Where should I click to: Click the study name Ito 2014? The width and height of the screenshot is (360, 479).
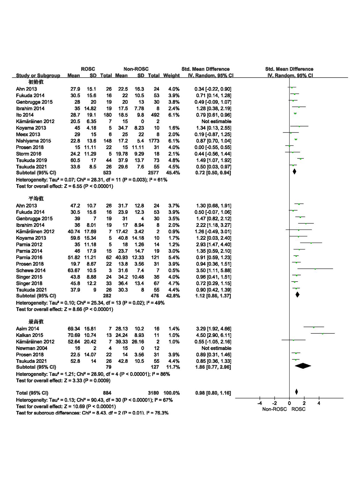click(x=25, y=115)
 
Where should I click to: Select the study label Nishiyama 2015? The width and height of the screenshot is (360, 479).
click(x=34, y=141)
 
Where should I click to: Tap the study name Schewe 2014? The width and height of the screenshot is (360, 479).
click(x=31, y=270)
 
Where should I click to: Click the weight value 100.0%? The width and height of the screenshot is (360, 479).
click(x=171, y=393)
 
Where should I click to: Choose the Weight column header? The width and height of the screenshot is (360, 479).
click(x=171, y=76)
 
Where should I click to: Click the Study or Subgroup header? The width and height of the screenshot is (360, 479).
click(x=38, y=76)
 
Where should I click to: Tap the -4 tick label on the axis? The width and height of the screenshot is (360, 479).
click(x=259, y=403)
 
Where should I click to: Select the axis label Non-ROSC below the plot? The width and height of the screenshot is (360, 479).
click(x=275, y=409)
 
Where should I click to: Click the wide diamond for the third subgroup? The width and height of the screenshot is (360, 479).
click(x=303, y=366)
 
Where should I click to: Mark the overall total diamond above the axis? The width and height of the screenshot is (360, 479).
click(x=296, y=392)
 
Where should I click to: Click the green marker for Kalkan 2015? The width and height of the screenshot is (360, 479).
click(x=323, y=334)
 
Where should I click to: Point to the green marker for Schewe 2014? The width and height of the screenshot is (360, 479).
click(x=315, y=269)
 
